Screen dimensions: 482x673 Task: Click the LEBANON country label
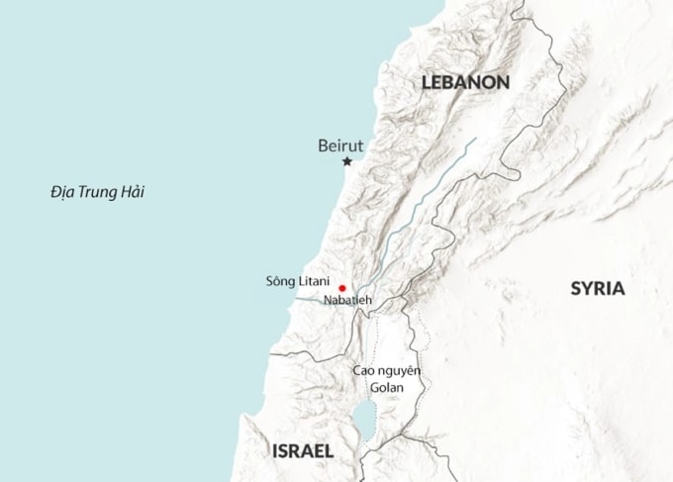tap(465, 83)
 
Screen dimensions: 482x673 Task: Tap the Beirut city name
tap(341, 145)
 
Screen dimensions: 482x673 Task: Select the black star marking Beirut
tap(347, 162)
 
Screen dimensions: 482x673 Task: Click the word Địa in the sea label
tap(62, 191)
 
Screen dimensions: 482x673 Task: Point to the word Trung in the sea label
tap(98, 191)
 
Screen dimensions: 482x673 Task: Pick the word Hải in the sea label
tap(132, 191)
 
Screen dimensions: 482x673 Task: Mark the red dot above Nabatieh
tap(342, 288)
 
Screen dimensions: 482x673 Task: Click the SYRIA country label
tap(597, 289)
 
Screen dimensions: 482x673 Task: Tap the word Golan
tap(387, 387)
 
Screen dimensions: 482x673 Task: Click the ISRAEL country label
tap(302, 451)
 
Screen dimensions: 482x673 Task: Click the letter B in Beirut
tap(323, 145)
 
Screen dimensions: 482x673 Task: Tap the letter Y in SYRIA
tap(586, 289)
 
